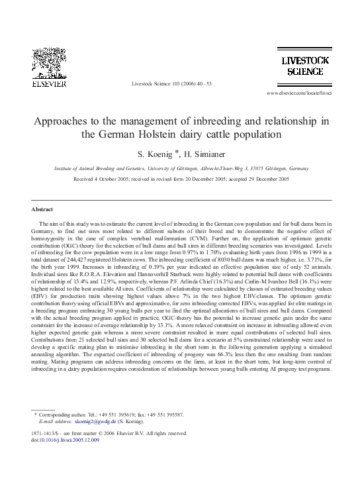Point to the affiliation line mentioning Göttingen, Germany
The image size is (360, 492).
pos(181,169)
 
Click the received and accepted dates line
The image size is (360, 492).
pos(181,179)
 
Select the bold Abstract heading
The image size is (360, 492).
pos(42,209)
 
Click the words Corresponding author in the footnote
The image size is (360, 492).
pos(66,415)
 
